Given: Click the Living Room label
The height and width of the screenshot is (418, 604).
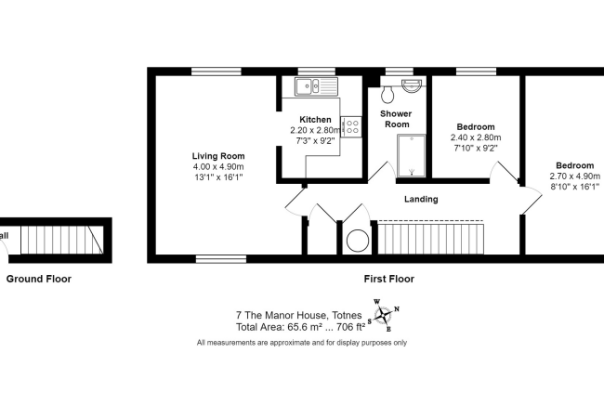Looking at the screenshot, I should [x=217, y=155].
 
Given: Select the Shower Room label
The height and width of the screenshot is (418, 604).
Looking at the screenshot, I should [x=397, y=119].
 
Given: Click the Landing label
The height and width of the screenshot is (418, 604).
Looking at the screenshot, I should [x=420, y=199].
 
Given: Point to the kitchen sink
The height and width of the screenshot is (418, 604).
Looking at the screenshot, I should [x=315, y=87].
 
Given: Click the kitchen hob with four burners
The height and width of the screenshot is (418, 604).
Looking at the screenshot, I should [x=350, y=126].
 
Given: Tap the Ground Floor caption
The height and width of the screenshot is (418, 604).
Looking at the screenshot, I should [x=39, y=278].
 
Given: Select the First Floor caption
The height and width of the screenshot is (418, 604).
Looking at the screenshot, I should [x=388, y=278].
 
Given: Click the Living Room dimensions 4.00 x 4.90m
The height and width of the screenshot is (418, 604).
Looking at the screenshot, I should [x=217, y=166].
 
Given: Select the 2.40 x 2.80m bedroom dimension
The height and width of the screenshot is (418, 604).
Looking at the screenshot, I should [x=475, y=137].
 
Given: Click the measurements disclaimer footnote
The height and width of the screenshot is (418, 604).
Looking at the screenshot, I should [x=301, y=343].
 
